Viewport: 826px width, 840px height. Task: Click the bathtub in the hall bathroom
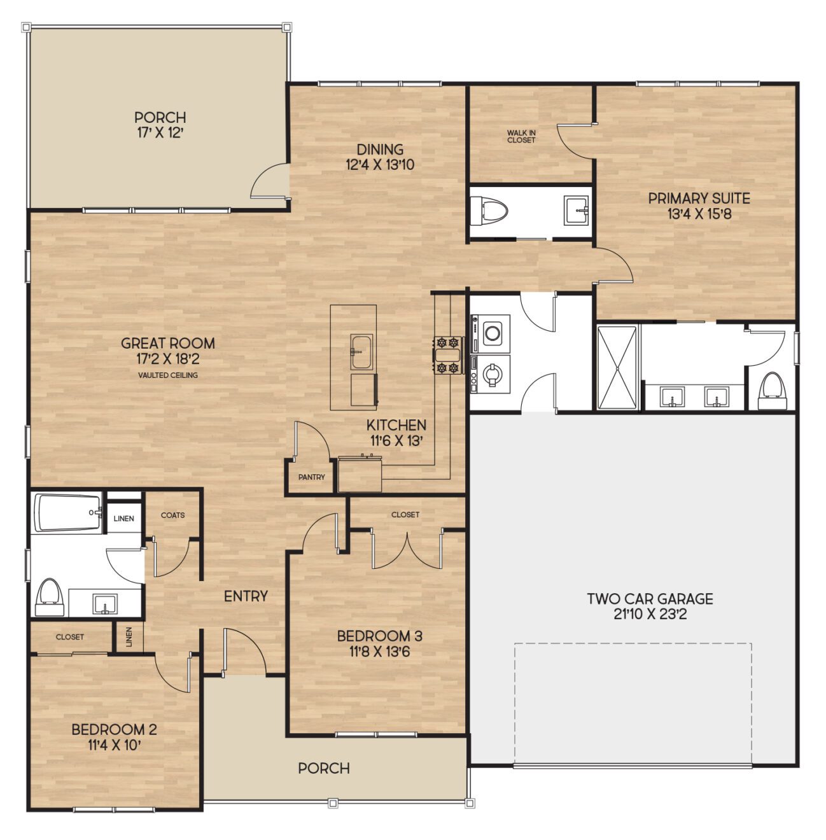67,512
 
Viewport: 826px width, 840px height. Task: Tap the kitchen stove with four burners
447,355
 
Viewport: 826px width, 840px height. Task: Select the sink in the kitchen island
361,352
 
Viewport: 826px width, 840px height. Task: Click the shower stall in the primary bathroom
617,367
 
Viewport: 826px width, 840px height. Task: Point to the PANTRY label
311,477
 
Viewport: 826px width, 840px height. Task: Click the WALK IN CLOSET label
521,136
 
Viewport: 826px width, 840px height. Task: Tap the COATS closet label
172,515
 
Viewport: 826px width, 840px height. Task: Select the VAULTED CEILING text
168,375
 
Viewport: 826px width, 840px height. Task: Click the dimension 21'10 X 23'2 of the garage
650,614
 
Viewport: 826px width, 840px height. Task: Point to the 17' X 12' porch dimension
160,132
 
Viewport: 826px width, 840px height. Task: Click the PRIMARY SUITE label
699,199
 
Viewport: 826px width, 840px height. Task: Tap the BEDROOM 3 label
379,636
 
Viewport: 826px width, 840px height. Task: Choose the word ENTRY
246,596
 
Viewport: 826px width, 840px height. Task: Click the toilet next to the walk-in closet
490,213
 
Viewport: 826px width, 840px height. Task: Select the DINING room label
380,150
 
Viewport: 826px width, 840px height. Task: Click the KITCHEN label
396,425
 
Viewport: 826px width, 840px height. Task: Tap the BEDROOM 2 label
114,729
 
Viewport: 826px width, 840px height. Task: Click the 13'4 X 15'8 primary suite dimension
699,214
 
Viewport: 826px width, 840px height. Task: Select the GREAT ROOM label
168,343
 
